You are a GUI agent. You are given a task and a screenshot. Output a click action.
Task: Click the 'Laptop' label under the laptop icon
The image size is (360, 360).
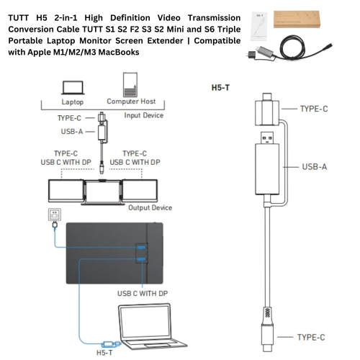[x=72, y=102]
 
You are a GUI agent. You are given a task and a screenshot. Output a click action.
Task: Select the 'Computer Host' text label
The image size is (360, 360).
[x=131, y=102]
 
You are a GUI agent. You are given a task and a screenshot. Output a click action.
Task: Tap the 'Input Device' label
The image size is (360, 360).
[x=144, y=114]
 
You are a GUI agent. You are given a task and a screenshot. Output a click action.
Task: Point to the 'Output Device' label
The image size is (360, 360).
[x=150, y=207]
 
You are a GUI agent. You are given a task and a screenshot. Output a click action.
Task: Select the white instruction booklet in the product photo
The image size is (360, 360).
[x=261, y=21]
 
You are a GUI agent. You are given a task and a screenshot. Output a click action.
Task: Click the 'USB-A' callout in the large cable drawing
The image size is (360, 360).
[x=315, y=166]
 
